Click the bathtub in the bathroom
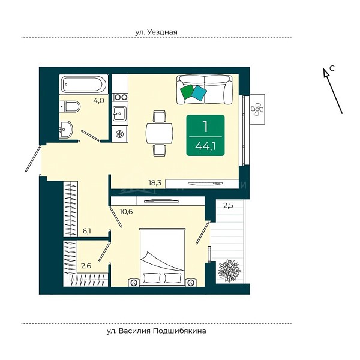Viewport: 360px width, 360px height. point(83,84)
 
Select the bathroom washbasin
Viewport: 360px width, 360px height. point(66,130)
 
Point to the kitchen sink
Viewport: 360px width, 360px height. point(119,113)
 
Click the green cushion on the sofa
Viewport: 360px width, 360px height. point(187,92)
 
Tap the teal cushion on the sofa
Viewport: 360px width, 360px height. point(199,93)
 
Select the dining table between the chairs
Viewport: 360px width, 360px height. point(160,133)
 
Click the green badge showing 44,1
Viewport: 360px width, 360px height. point(205,135)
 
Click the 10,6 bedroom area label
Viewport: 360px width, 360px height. point(126,211)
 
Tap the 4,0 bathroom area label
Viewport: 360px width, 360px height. point(99,101)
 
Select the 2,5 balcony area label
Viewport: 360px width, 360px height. point(228,205)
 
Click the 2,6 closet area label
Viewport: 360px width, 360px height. point(86,266)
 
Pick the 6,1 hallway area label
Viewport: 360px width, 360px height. point(87,231)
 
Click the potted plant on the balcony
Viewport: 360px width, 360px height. point(230,271)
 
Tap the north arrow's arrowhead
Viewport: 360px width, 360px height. point(326,72)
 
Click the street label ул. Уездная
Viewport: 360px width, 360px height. point(156,32)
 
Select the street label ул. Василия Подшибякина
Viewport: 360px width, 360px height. point(156,331)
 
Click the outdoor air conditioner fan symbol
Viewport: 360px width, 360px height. point(257,110)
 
